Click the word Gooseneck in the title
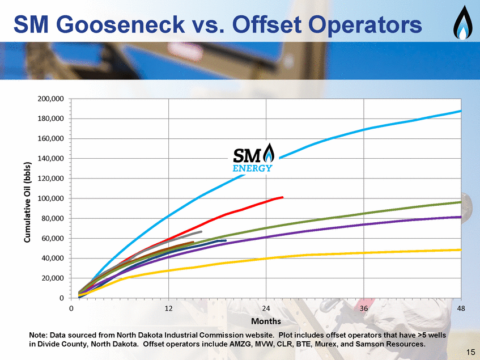point(120,24)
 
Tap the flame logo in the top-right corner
point(462,23)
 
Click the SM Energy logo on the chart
point(253,158)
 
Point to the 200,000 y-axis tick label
point(51,99)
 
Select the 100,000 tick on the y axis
point(51,198)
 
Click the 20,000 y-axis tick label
point(52,278)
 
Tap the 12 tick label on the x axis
point(169,308)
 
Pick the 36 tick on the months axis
point(364,308)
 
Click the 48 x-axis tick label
point(461,308)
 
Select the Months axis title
point(266,321)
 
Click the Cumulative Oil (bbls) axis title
point(27,202)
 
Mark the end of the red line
point(282,197)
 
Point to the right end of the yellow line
point(461,250)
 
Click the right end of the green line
point(461,202)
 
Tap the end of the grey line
point(201,232)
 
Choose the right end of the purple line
point(461,217)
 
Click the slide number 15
point(470,352)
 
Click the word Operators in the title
point(365,25)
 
